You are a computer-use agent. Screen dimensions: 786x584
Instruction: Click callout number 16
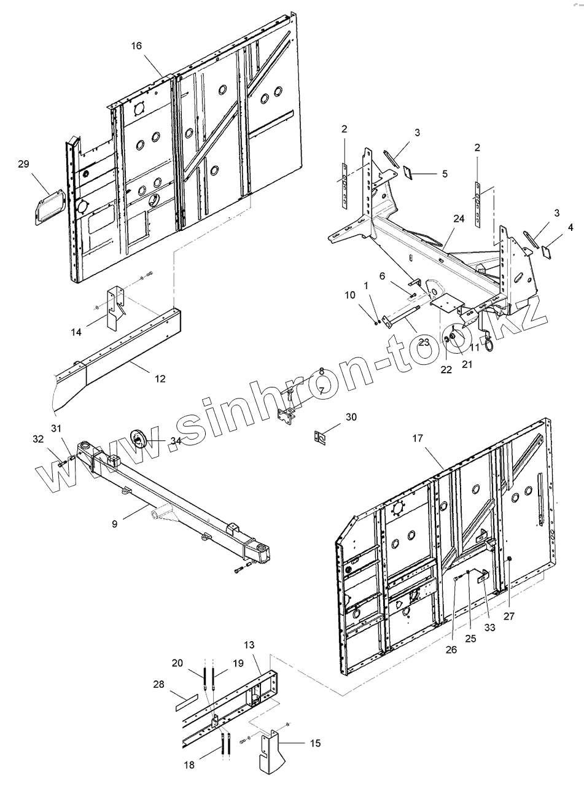(136, 46)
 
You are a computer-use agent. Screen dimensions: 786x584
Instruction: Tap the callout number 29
(23, 164)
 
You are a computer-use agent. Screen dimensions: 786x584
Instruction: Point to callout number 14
(76, 332)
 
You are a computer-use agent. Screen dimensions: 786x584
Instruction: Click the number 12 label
(160, 379)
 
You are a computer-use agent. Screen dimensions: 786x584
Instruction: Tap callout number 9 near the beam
(114, 524)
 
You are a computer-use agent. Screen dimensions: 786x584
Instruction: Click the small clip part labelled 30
(318, 437)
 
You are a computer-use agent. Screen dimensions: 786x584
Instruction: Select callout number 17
(418, 438)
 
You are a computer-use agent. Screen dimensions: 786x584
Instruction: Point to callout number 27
(509, 616)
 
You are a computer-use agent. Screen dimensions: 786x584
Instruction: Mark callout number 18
(190, 765)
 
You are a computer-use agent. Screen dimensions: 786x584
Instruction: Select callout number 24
(459, 218)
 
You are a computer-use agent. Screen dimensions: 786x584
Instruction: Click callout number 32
(37, 438)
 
